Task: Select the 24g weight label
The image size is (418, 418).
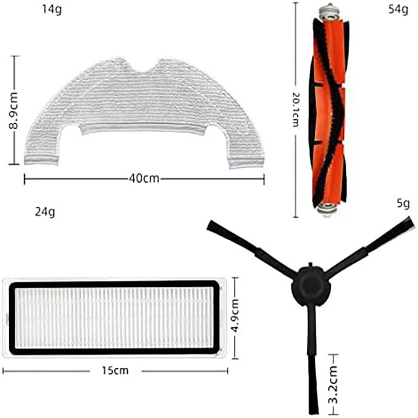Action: (x=45, y=212)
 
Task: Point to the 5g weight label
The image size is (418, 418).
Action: (x=403, y=204)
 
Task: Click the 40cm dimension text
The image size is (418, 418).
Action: (x=144, y=178)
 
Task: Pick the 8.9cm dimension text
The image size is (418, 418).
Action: (x=15, y=111)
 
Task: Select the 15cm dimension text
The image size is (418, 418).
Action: (x=115, y=370)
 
